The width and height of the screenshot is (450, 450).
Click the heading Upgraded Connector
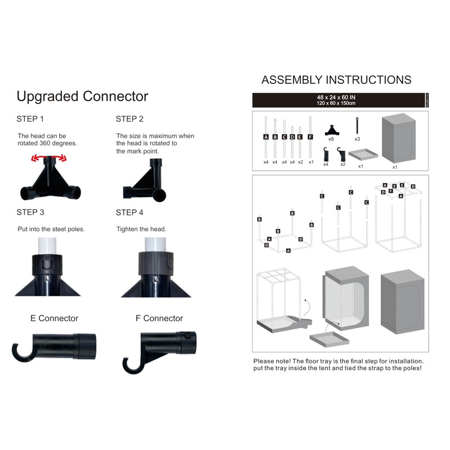pos(82,97)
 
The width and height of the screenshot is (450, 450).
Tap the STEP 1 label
pos(30,119)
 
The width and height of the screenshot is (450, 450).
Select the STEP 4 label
pos(129,213)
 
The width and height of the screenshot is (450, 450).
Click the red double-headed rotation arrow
pos(49,157)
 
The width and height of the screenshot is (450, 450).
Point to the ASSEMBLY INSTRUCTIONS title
pos(336,80)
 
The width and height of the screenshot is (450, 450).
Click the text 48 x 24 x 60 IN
pos(336,97)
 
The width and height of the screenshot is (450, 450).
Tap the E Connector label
pos(54,318)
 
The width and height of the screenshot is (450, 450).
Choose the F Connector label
pos(159,318)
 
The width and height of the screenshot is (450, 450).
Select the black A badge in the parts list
pos(265,137)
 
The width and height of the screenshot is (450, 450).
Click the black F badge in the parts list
pos(310,137)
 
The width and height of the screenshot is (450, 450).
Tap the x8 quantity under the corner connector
pos(331,139)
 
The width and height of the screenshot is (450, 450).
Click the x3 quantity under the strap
pos(357,139)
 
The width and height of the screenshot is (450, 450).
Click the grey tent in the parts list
pos(399,138)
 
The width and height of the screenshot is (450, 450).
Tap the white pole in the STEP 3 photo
pos(47,246)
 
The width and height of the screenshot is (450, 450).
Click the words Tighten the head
pos(141,229)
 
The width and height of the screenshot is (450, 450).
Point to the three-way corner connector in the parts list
pos(332,130)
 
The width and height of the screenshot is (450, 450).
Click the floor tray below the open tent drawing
pos(330,339)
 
